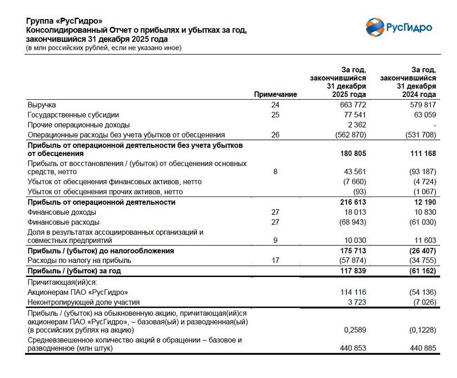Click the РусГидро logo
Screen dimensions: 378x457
pos(399,27)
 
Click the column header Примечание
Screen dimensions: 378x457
pos(275,94)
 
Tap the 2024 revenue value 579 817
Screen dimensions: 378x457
pos(422,105)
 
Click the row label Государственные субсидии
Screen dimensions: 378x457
pos(73,115)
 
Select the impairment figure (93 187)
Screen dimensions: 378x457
pos(421,172)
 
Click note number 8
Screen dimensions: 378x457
pos(275,172)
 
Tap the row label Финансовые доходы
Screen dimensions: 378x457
pos(62,212)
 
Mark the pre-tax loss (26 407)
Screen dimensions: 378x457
pos(420,251)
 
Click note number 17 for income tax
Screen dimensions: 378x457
pos(275,261)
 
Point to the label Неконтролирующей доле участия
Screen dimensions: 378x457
pos(84,302)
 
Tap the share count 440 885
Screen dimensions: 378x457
pos(422,348)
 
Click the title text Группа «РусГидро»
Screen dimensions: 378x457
pos(64,21)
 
